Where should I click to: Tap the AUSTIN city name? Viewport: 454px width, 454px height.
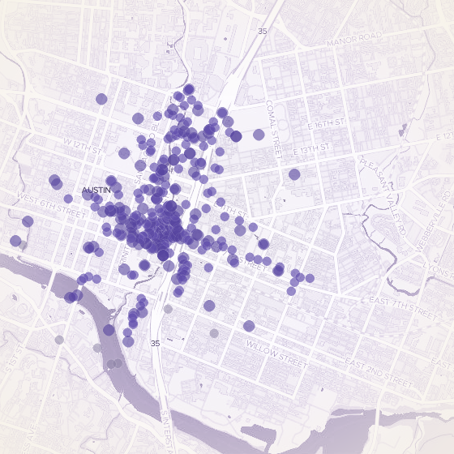click(x=96, y=191)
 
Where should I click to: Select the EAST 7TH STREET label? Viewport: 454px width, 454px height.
click(x=402, y=305)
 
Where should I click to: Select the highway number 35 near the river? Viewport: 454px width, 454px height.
click(x=155, y=344)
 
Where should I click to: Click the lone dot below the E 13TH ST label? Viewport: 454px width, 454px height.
click(x=294, y=173)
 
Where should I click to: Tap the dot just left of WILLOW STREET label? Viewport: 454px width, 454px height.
click(x=249, y=326)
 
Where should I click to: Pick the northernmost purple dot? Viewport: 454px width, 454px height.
click(x=189, y=88)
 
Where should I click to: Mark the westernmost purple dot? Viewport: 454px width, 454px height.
click(x=15, y=241)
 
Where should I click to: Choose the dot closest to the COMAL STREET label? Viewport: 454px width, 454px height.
click(x=259, y=135)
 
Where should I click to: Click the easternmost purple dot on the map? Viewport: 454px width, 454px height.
click(x=310, y=278)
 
